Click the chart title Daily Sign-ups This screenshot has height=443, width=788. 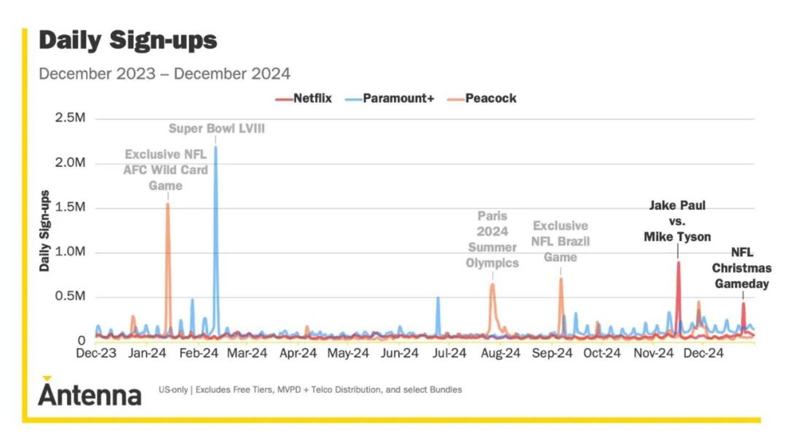coord(128,41)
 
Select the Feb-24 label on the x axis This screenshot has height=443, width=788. coord(199,353)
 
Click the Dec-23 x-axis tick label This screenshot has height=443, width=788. coord(96,353)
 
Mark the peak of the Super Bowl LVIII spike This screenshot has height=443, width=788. coord(216,147)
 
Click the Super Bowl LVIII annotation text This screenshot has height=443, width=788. coord(216,129)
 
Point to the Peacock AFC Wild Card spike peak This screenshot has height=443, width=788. coord(168,204)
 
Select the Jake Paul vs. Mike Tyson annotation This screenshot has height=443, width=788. coord(677,221)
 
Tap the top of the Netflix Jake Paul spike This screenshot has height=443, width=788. coord(678,262)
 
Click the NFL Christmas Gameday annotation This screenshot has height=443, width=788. coord(742,269)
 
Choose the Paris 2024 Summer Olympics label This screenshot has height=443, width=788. coord(492,240)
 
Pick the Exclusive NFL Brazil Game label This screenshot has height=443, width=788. coord(560,241)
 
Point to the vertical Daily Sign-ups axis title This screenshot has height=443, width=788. coord(45,231)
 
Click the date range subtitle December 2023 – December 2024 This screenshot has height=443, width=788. coord(164,73)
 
